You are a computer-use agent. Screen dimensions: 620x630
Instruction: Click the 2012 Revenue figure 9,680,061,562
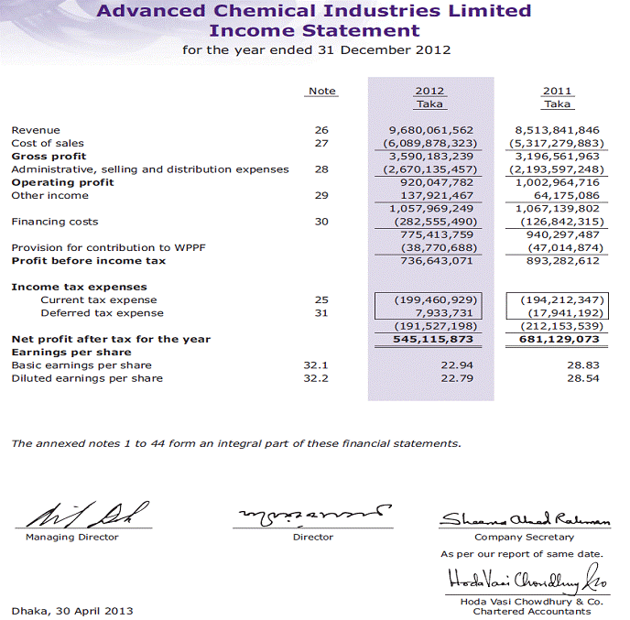[430, 130]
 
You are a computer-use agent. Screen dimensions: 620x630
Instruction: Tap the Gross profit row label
[42, 156]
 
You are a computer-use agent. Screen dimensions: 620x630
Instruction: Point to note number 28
[321, 169]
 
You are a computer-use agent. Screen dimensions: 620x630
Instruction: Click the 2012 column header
[429, 91]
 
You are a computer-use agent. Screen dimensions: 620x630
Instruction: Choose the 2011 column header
[557, 91]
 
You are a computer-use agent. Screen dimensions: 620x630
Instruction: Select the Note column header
[322, 91]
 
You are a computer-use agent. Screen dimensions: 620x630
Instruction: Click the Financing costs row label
[54, 222]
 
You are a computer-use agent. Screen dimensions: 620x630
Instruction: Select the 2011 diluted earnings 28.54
[582, 378]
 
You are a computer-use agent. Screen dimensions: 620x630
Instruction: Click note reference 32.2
[316, 378]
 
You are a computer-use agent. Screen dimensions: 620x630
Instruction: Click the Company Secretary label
[524, 538]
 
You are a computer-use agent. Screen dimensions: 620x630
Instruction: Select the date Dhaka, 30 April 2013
[72, 610]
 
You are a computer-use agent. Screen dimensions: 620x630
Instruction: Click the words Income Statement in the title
[314, 30]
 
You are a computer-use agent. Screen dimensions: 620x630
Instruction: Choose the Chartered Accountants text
[531, 612]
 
